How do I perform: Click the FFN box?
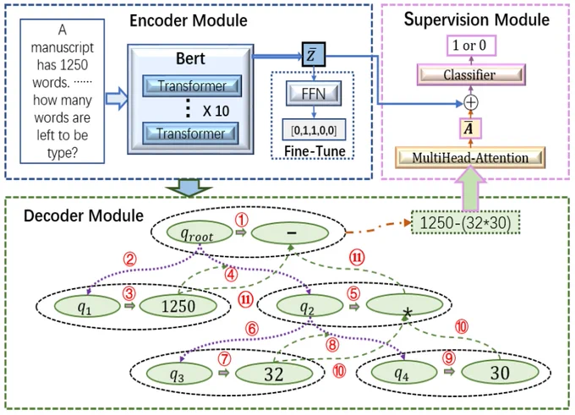point(314,94)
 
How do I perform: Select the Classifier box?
point(471,74)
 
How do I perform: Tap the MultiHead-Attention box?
point(470,158)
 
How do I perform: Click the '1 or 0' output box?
point(471,46)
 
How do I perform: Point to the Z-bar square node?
point(314,54)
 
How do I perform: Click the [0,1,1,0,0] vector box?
point(314,129)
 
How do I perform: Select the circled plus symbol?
point(471,102)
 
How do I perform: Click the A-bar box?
point(470,128)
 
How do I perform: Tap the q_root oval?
point(200,232)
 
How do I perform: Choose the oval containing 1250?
point(178,306)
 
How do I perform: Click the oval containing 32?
point(274,374)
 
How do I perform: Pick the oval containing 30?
point(501,373)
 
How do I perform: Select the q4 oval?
point(404,373)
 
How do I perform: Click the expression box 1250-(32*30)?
point(465,222)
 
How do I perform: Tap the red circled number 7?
point(224,358)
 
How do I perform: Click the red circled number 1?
point(241,220)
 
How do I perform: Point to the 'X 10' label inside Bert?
point(216,111)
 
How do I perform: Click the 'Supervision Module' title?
point(477,19)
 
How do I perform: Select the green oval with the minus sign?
point(290,232)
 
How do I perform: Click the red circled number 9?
point(449,358)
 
